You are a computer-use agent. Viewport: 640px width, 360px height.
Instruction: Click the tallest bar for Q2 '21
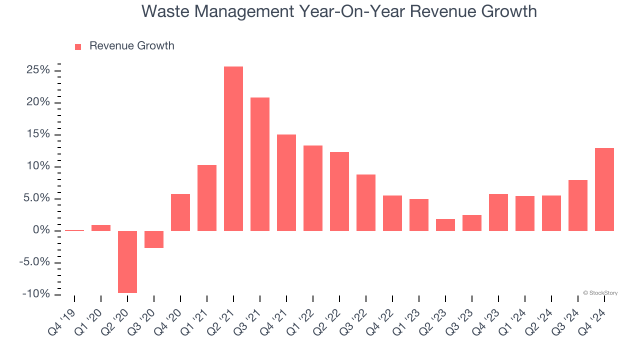(233, 148)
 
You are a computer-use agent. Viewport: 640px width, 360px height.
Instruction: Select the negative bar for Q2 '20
(127, 261)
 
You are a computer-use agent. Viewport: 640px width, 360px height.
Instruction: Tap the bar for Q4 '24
(604, 189)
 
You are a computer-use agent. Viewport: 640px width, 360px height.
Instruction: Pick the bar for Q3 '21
(260, 164)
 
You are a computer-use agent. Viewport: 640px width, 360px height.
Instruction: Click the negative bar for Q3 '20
(154, 239)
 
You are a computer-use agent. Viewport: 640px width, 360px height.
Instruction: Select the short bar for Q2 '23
(445, 224)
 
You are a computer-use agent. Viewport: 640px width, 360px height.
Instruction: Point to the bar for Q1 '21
(207, 197)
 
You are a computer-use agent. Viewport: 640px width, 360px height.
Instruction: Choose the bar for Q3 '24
(578, 205)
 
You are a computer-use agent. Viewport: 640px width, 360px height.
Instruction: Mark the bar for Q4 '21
(286, 182)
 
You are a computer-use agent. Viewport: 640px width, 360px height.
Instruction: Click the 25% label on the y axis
(38, 70)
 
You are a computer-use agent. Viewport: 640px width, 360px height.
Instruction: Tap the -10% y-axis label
(36, 294)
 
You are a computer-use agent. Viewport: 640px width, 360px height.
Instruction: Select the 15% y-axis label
(38, 134)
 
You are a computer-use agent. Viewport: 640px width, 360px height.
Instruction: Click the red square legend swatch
(78, 47)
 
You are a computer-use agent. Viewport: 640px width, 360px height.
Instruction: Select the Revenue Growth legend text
(131, 46)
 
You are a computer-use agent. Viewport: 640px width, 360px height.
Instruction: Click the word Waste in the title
(167, 11)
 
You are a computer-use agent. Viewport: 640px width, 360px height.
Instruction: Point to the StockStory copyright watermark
(600, 293)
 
